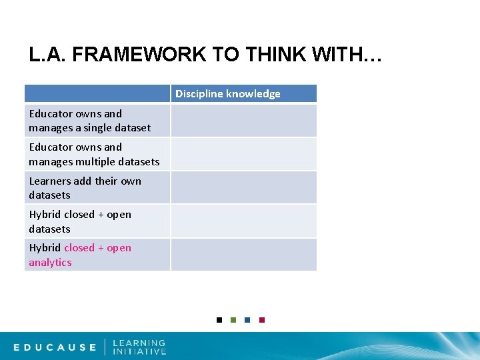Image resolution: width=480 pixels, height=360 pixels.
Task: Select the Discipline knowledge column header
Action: (x=228, y=93)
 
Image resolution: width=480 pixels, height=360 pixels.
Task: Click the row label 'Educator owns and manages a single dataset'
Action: (x=90, y=121)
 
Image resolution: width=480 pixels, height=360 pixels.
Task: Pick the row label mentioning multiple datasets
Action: (x=94, y=154)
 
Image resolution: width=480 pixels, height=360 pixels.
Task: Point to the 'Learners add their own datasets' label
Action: (x=85, y=188)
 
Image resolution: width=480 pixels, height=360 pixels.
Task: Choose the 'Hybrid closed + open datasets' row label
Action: (x=80, y=221)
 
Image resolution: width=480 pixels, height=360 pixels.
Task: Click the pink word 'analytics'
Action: (x=50, y=263)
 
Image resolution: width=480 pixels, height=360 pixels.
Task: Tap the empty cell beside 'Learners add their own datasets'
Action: (x=243, y=187)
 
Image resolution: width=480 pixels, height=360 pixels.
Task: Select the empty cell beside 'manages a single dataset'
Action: (x=243, y=121)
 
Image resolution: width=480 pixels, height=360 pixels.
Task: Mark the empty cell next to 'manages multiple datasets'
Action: (x=243, y=154)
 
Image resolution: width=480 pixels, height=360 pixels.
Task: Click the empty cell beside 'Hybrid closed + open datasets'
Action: (x=243, y=221)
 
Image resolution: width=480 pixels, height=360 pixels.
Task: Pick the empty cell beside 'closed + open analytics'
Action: (x=243, y=255)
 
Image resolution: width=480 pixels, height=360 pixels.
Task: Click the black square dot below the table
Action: (x=219, y=320)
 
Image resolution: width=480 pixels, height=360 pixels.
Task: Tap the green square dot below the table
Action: (x=233, y=320)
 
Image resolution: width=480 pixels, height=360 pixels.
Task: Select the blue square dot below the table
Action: (x=247, y=320)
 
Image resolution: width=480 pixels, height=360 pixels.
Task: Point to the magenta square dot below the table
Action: (x=262, y=320)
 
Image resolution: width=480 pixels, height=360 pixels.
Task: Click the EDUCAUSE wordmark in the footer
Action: (x=55, y=347)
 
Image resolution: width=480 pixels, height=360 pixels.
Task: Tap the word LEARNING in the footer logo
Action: (x=139, y=343)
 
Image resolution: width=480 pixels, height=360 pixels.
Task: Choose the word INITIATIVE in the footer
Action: (x=139, y=351)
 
